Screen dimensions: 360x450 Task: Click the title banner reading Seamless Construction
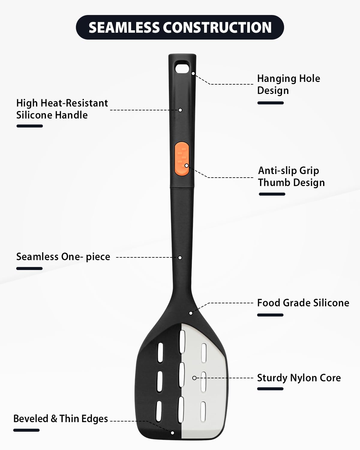pos(180,27)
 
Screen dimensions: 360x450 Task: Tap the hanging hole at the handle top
pos(182,68)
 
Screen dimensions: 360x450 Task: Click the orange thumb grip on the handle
pos(182,159)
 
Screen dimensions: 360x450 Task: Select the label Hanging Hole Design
pos(289,84)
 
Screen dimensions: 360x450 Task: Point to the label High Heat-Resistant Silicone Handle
pos(62,109)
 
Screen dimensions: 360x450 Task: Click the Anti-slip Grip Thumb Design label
pos(291,176)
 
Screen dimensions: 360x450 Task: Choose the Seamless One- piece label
pos(63,256)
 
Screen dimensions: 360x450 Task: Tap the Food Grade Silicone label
pos(303,303)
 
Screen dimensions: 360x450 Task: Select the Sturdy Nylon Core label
pos(299,378)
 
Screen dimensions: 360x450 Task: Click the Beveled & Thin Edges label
pos(61,418)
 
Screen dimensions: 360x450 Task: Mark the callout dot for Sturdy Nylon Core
pos(194,378)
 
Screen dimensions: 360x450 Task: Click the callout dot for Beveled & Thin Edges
pos(172,433)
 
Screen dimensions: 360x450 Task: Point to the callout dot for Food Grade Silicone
pos(190,313)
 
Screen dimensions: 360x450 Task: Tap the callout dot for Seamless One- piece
pos(180,258)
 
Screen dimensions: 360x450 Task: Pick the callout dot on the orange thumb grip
pos(186,166)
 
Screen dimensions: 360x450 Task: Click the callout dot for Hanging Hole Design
pos(193,73)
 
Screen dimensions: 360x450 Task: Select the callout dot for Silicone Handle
pos(180,110)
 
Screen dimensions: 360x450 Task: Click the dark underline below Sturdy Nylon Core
pos(270,389)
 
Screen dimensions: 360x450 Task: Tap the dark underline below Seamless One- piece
pos(29,268)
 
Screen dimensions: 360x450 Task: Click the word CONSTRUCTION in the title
pos(217,27)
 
